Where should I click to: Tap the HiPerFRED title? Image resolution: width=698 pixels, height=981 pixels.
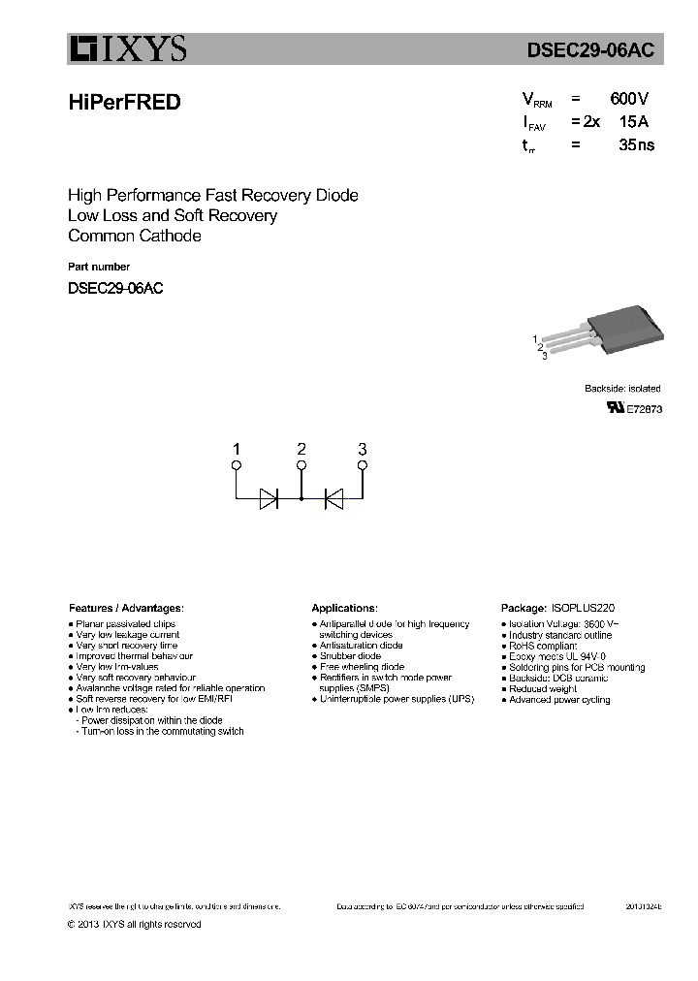pyautogui.click(x=125, y=102)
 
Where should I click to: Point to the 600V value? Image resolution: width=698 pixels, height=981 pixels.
pyautogui.click(x=630, y=99)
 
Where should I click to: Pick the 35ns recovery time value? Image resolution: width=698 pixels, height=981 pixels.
pyautogui.click(x=636, y=145)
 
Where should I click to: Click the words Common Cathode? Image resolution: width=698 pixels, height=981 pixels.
pyautogui.click(x=135, y=236)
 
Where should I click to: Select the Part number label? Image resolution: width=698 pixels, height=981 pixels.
pyautogui.click(x=99, y=267)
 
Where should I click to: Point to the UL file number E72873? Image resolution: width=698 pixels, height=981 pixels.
pyautogui.click(x=645, y=410)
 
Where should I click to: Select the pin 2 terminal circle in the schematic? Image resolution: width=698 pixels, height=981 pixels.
pyautogui.click(x=301, y=466)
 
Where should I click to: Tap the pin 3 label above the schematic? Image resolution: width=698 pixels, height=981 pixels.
pyautogui.click(x=363, y=449)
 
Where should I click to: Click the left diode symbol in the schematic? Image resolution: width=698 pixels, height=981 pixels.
pyautogui.click(x=269, y=499)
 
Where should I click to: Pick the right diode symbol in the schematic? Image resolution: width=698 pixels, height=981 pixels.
pyautogui.click(x=333, y=499)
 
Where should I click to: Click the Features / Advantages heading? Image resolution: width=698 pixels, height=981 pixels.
pyautogui.click(x=125, y=608)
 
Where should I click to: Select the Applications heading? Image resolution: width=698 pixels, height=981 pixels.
pyautogui.click(x=344, y=608)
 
